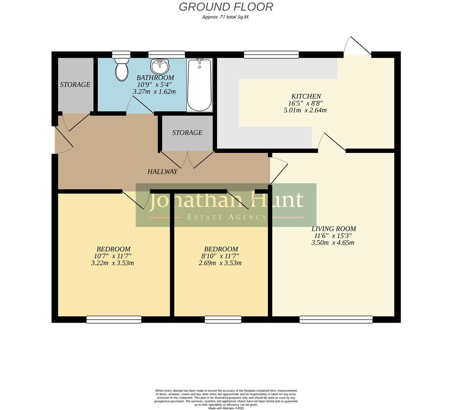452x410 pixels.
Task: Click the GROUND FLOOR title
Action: click(226, 7)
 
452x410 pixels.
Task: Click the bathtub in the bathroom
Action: click(199, 85)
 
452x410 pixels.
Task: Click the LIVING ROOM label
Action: click(333, 229)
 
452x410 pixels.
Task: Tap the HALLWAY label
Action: click(162, 172)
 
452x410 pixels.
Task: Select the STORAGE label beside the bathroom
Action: click(75, 84)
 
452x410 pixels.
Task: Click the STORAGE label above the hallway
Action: click(187, 132)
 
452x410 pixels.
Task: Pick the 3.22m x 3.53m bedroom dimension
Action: click(113, 263)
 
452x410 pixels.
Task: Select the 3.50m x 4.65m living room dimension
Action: click(333, 243)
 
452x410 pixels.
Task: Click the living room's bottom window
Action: click(336, 320)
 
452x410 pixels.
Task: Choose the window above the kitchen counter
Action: click(271, 55)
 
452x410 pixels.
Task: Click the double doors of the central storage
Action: click(187, 159)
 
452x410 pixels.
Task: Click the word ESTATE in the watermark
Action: click(204, 217)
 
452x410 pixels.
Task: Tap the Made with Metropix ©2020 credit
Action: click(226, 408)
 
